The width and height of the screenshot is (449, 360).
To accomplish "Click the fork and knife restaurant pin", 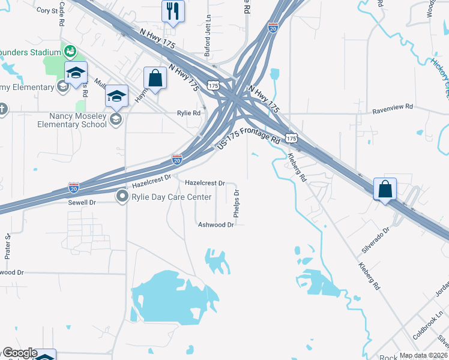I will tap(173, 11).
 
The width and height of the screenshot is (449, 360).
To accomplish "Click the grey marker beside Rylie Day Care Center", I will tap(122, 196).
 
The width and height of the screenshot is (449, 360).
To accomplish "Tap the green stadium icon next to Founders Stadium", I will tap(70, 50).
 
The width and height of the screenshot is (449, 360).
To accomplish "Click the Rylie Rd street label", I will tap(188, 113).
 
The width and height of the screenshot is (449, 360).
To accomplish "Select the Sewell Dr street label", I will tap(82, 203).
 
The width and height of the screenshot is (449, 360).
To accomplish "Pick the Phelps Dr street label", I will tap(237, 204).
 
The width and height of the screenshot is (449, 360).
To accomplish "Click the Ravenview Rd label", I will tap(393, 106).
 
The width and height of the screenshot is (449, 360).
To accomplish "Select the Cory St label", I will tap(47, 10).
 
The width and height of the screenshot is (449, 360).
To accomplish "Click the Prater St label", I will tap(8, 246).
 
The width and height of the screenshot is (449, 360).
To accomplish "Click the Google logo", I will tap(19, 353).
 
